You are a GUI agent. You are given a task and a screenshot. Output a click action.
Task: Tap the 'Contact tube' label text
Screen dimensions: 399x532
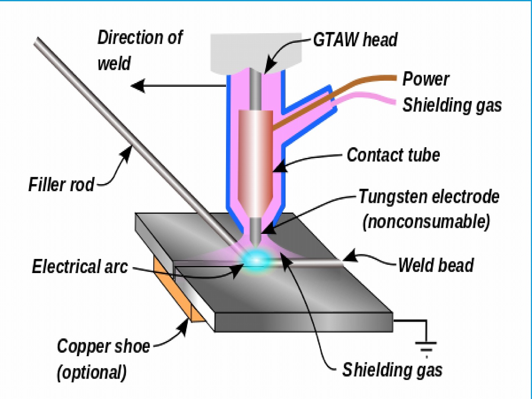[x=393, y=155]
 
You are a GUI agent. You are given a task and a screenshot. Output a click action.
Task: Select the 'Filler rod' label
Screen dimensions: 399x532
[x=62, y=185]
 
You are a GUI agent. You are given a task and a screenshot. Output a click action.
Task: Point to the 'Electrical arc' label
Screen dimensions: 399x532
[x=80, y=266]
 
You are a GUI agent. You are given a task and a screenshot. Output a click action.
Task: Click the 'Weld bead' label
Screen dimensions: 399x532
[x=436, y=265]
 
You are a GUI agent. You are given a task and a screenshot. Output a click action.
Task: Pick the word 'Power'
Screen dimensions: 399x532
[x=426, y=79]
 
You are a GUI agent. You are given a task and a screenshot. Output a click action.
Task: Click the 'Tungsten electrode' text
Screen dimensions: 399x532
[x=429, y=197]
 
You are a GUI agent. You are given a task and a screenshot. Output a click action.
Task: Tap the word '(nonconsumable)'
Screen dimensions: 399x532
[x=426, y=222]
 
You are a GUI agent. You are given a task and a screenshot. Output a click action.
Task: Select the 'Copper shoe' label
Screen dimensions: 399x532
[x=103, y=346]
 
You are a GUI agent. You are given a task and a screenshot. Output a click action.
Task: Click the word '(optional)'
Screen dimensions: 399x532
[x=91, y=372]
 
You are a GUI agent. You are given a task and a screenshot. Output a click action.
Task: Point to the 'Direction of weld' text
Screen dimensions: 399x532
[x=139, y=50]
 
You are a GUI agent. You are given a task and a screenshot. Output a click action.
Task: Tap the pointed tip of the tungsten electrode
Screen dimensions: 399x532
[x=256, y=244]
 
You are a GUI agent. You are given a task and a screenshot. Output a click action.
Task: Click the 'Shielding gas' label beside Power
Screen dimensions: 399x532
[x=452, y=105]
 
